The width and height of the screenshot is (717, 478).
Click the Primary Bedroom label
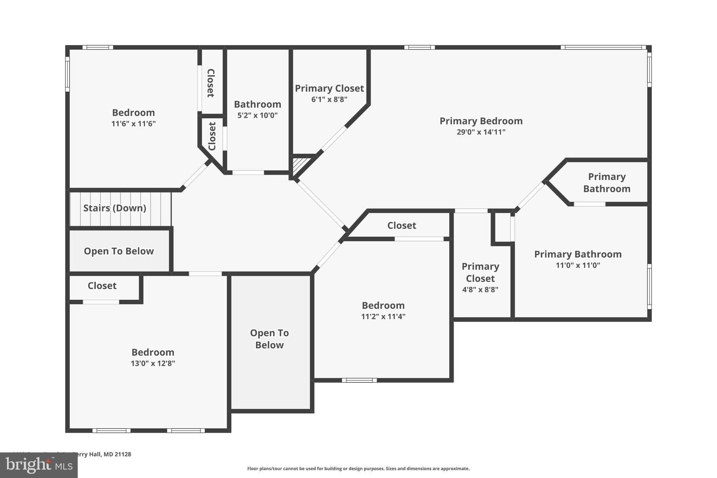tap(481, 121)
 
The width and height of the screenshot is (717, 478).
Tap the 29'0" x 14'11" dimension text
tap(481, 132)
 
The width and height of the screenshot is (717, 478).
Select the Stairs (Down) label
tap(114, 208)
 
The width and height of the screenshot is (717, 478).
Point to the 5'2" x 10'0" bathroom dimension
tap(257, 115)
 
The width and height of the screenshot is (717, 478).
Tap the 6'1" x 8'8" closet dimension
tap(329, 99)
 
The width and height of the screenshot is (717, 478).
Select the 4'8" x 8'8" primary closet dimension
tap(480, 290)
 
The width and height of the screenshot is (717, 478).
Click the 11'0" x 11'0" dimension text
tap(578, 265)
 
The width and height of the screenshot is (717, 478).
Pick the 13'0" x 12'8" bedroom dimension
tap(153, 363)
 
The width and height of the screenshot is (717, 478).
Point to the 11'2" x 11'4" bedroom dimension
tap(383, 317)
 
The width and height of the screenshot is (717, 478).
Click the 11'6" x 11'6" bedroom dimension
tap(133, 124)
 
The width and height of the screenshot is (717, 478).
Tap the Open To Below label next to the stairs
tap(119, 251)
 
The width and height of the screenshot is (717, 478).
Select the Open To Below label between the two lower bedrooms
tap(269, 339)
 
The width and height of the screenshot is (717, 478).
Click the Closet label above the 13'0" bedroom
tap(102, 286)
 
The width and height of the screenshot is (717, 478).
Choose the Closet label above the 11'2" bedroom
tap(402, 226)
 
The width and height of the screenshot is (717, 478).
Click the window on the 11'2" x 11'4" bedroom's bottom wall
tap(359, 380)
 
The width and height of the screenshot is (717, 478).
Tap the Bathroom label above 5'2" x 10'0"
tap(257, 104)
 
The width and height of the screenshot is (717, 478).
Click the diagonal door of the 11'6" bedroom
tap(196, 175)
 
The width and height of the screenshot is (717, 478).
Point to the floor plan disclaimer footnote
tap(358, 469)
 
